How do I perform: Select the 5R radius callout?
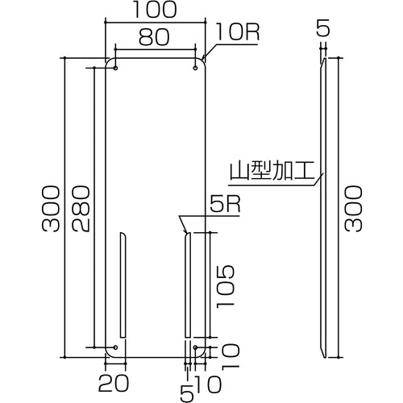coord(225,206)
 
